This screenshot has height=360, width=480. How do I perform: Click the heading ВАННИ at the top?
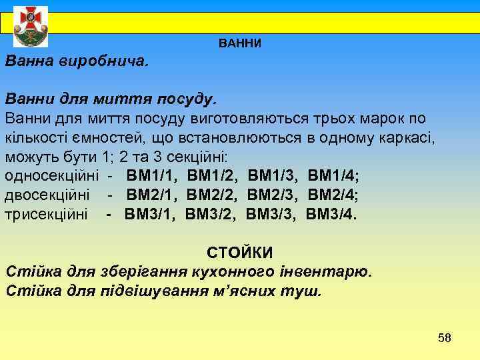(240, 43)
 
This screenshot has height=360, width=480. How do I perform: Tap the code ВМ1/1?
(150, 177)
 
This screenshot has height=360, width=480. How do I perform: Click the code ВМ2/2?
(211, 196)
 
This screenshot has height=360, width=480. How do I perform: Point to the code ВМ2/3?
(273, 196)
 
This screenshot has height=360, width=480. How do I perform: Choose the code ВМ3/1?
(148, 215)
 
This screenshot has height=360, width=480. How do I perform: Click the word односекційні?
(52, 177)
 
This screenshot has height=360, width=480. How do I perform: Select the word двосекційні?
(47, 196)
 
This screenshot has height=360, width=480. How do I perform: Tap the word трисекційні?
(46, 215)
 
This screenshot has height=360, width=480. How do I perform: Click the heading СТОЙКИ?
(240, 253)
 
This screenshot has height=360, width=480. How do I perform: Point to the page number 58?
(445, 338)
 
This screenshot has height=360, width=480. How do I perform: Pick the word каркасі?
(408, 139)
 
